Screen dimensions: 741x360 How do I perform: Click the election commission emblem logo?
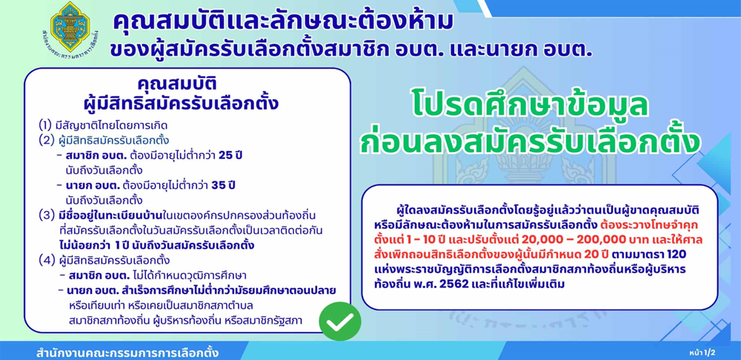point(70,27)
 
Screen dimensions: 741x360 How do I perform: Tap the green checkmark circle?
point(340,321)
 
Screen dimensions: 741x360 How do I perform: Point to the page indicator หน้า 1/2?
point(702,352)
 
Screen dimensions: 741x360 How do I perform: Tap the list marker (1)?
point(46,126)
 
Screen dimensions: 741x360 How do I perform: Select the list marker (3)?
point(47,216)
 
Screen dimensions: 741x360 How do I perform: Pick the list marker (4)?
point(47,260)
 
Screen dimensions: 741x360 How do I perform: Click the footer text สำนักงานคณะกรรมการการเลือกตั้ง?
point(127,353)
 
